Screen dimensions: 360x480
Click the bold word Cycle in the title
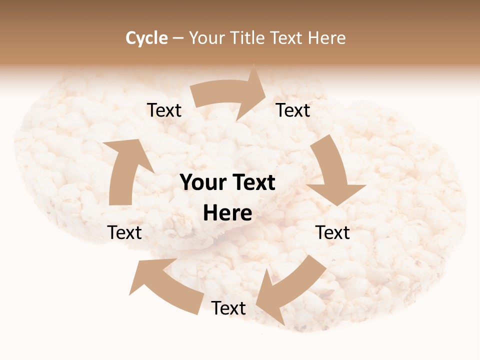146,38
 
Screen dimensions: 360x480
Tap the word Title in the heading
247,38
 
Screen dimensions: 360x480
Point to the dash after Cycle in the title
178,38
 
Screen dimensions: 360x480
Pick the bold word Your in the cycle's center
202,182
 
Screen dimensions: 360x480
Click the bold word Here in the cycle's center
227,213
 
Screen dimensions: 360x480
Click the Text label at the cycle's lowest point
228,308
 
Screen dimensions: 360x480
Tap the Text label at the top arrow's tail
164,110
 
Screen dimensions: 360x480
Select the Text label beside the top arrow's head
293,110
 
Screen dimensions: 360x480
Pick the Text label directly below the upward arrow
125,232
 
